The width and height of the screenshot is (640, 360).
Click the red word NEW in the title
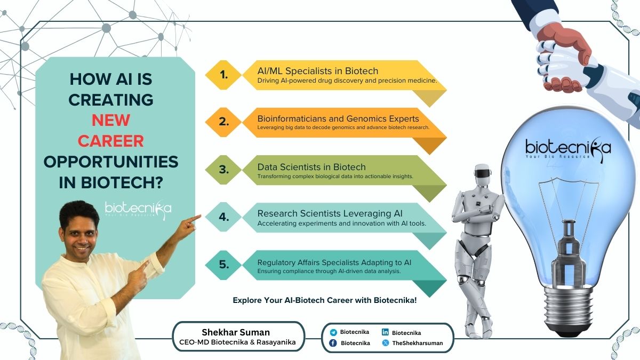pyautogui.click(x=111, y=121)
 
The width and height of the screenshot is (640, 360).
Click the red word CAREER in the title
pyautogui.click(x=111, y=141)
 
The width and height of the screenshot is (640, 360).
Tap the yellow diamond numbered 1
pyautogui.click(x=223, y=75)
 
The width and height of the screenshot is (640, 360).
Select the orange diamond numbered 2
pyautogui.click(x=223, y=122)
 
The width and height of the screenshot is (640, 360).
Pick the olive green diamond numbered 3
pyautogui.click(x=223, y=170)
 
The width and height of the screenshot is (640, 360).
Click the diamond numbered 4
pyautogui.click(x=223, y=217)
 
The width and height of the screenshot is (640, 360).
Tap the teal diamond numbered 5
pyautogui.click(x=223, y=265)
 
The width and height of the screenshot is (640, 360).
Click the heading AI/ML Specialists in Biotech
pyautogui.click(x=318, y=71)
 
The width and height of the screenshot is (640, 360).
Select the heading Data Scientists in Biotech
pyautogui.click(x=311, y=167)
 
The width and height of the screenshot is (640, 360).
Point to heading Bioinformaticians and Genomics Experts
pyautogui.click(x=338, y=118)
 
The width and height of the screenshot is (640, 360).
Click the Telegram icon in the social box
pyautogui.click(x=333, y=332)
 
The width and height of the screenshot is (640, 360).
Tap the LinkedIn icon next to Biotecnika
pyautogui.click(x=385, y=332)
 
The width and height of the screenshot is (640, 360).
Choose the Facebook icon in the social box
pyautogui.click(x=333, y=343)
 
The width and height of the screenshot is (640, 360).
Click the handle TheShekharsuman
pyautogui.click(x=418, y=343)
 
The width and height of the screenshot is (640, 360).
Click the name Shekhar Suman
pyautogui.click(x=236, y=332)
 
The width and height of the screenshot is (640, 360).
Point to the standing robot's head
pyautogui.click(x=483, y=174)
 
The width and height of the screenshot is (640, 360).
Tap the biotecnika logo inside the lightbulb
pyautogui.click(x=568, y=149)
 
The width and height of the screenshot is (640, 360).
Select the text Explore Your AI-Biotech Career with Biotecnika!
pyautogui.click(x=325, y=300)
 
